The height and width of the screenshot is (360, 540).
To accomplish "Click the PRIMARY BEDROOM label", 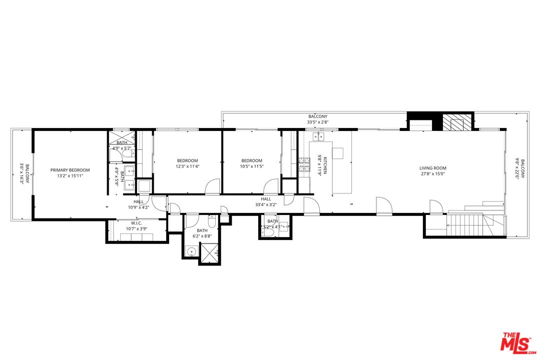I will coord(70,170).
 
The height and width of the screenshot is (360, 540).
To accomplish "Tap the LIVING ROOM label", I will coord(433,168).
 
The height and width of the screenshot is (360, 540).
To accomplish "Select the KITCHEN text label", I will coord(325,164).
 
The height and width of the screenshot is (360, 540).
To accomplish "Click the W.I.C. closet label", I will coord(137,223).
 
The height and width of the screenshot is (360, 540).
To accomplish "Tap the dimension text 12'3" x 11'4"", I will coord(187,166).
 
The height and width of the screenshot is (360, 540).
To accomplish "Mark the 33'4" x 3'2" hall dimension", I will coord(265,204).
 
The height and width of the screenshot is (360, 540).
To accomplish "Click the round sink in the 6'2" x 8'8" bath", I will coord(191,251).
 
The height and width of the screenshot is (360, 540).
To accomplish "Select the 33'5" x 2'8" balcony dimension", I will coord(318,122).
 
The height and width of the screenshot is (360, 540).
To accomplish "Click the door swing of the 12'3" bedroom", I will coord(213,186).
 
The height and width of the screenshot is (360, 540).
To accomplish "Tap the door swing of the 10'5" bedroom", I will coord(272,186).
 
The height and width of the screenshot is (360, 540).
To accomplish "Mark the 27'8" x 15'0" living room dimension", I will coord(433,174).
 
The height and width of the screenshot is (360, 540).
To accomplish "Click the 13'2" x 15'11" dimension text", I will coord(70,176).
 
